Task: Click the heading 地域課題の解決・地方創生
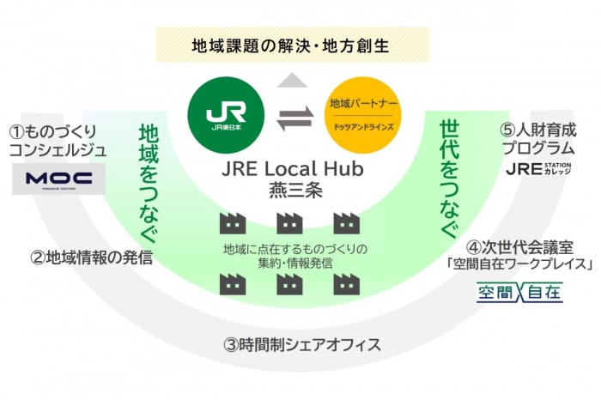292,44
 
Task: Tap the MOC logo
59,179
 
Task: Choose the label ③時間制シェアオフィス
301,345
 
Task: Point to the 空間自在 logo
520,293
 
